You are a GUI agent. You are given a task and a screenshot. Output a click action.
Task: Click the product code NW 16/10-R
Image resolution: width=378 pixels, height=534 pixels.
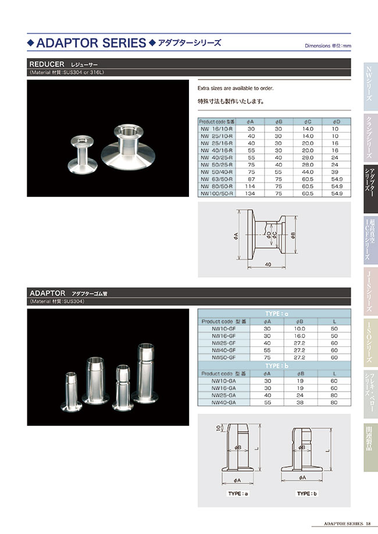[216, 128]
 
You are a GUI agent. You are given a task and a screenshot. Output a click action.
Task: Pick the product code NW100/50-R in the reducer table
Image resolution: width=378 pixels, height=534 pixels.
[216, 193]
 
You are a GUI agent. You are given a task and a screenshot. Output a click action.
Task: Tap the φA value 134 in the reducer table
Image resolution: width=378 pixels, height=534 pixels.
[251, 193]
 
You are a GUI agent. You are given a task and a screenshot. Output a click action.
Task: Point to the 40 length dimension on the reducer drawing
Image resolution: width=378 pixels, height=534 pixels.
[268, 264]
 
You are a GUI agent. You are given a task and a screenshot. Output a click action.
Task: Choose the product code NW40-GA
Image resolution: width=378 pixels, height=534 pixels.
[224, 402]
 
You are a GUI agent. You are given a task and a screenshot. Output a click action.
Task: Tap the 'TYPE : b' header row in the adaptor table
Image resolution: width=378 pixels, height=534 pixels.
[274, 365]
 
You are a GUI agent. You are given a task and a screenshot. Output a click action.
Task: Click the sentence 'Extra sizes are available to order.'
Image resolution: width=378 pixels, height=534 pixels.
[236, 88]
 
